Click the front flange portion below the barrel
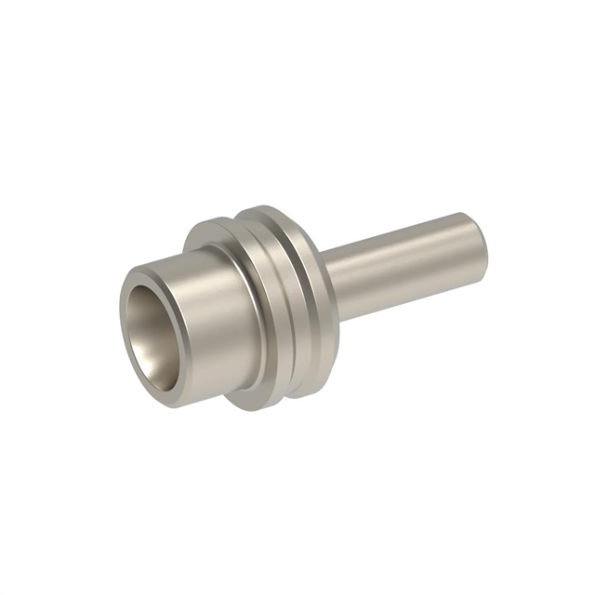pos(249,395)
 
